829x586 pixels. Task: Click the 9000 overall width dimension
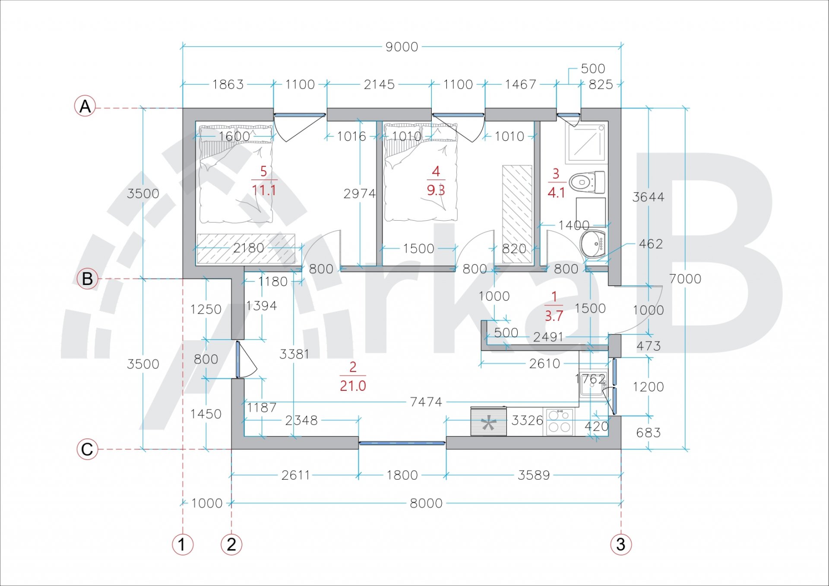point(402,47)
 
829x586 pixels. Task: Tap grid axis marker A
point(85,106)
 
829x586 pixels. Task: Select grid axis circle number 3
point(621,544)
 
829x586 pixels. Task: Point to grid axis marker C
point(87,449)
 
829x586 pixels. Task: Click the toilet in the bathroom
point(587,182)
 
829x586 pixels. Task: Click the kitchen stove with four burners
point(559,421)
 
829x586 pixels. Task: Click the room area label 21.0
point(353,386)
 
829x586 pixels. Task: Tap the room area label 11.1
point(264,190)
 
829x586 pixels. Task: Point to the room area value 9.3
point(436,190)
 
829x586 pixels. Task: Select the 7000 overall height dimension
point(685,279)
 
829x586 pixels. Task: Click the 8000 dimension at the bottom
point(426,503)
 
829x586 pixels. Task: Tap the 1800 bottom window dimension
point(402,475)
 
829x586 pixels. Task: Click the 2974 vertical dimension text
point(360,193)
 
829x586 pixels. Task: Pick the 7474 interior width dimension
point(426,402)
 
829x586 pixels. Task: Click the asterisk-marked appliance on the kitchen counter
point(488,421)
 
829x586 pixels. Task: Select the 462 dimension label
point(651,244)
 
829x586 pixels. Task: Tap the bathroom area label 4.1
point(556,193)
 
